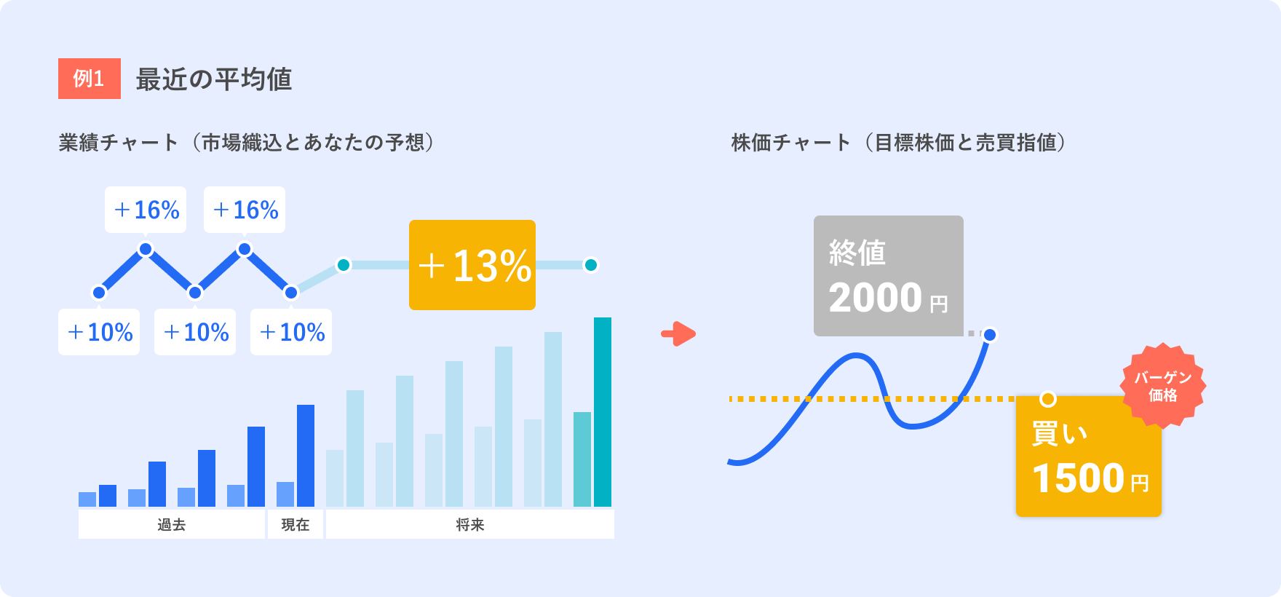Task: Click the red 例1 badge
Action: [x=90, y=79]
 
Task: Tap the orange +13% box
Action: [x=472, y=265]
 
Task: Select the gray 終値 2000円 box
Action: [x=889, y=276]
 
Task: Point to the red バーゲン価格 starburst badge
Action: [x=1163, y=386]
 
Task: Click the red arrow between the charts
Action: [x=678, y=334]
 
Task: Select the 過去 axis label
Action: [x=172, y=525]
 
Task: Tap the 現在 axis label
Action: [x=296, y=525]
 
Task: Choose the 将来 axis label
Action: [x=470, y=525]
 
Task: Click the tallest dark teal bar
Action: [x=603, y=412]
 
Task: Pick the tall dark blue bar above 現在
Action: [x=306, y=456]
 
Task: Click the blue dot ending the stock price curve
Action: [x=990, y=335]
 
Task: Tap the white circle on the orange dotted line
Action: [x=1048, y=399]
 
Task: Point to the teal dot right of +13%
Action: [x=591, y=265]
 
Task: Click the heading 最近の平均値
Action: [x=214, y=79]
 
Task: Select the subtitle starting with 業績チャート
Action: [x=247, y=142]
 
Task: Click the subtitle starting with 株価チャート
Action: [x=899, y=142]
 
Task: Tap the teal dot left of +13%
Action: [x=344, y=265]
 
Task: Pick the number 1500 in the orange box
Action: [x=1079, y=478]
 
